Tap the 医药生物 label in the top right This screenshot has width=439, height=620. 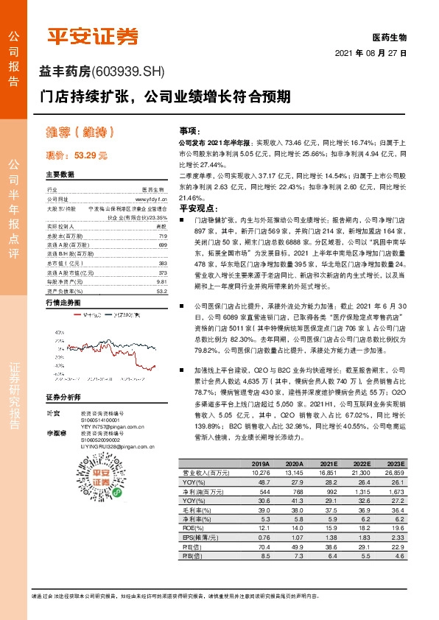click(x=389, y=36)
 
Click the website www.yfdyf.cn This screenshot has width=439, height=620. click(x=152, y=199)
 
